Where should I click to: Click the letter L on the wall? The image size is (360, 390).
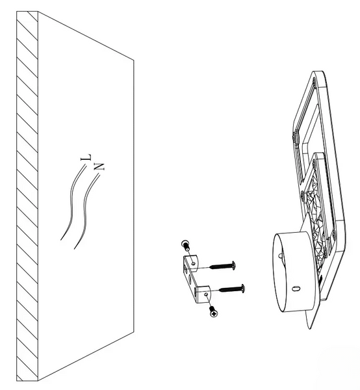click(86, 157)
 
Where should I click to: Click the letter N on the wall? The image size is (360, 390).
click(99, 166)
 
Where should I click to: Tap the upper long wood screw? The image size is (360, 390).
click(223, 266)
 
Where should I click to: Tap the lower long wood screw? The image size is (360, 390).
click(232, 289)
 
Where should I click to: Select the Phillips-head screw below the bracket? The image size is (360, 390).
click(213, 311)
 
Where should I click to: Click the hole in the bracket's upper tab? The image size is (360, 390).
click(193, 263)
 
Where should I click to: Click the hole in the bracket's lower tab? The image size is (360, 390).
click(205, 294)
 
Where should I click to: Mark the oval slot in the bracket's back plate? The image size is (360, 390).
click(190, 279)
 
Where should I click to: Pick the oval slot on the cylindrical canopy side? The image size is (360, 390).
click(296, 289)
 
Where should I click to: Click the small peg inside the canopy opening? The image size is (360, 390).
click(281, 255)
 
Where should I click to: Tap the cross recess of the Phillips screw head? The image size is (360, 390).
click(214, 314)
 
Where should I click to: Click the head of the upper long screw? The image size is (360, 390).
click(233, 265)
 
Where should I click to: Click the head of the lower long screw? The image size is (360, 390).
click(242, 289)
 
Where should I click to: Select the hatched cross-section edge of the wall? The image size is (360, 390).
click(27, 200)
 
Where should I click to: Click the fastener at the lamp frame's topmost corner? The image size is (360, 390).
click(314, 80)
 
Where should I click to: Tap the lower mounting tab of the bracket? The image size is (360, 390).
click(203, 294)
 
